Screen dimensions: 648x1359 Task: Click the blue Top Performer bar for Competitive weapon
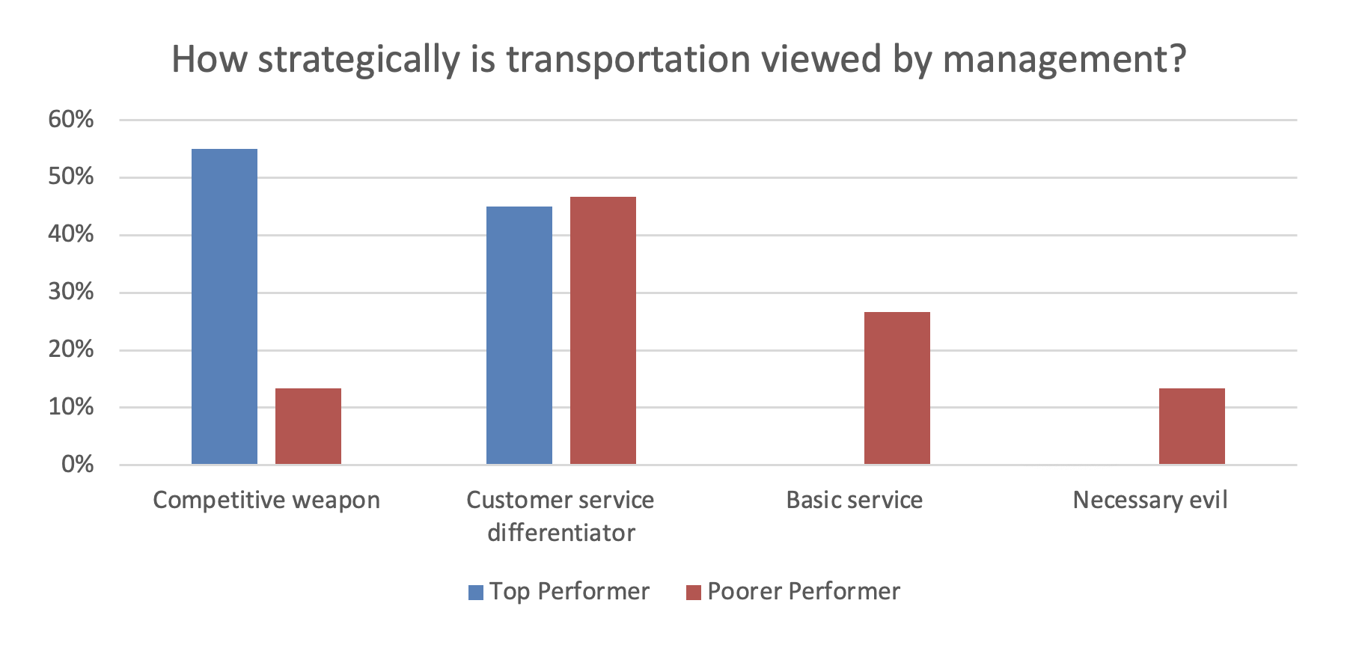225,307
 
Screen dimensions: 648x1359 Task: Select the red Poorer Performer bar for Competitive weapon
308,427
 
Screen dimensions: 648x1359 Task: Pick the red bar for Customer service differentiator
603,331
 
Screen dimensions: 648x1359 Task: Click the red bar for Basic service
897,388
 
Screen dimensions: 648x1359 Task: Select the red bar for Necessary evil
1192,427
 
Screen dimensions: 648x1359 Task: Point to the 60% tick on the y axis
71,119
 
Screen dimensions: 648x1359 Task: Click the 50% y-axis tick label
71,177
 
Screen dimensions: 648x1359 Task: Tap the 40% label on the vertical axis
71,234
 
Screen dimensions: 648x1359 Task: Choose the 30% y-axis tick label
71,292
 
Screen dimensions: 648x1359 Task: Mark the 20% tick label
71,349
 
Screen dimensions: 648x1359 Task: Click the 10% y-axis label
71,407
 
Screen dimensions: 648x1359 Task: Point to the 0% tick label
77,465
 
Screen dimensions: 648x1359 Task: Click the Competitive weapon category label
266,500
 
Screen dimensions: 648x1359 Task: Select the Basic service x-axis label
855,500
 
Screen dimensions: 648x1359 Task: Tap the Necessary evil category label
1150,500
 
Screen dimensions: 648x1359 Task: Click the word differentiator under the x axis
561,533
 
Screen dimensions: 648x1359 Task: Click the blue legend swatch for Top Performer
476,593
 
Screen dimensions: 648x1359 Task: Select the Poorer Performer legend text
804,592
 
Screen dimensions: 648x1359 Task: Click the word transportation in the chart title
629,59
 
